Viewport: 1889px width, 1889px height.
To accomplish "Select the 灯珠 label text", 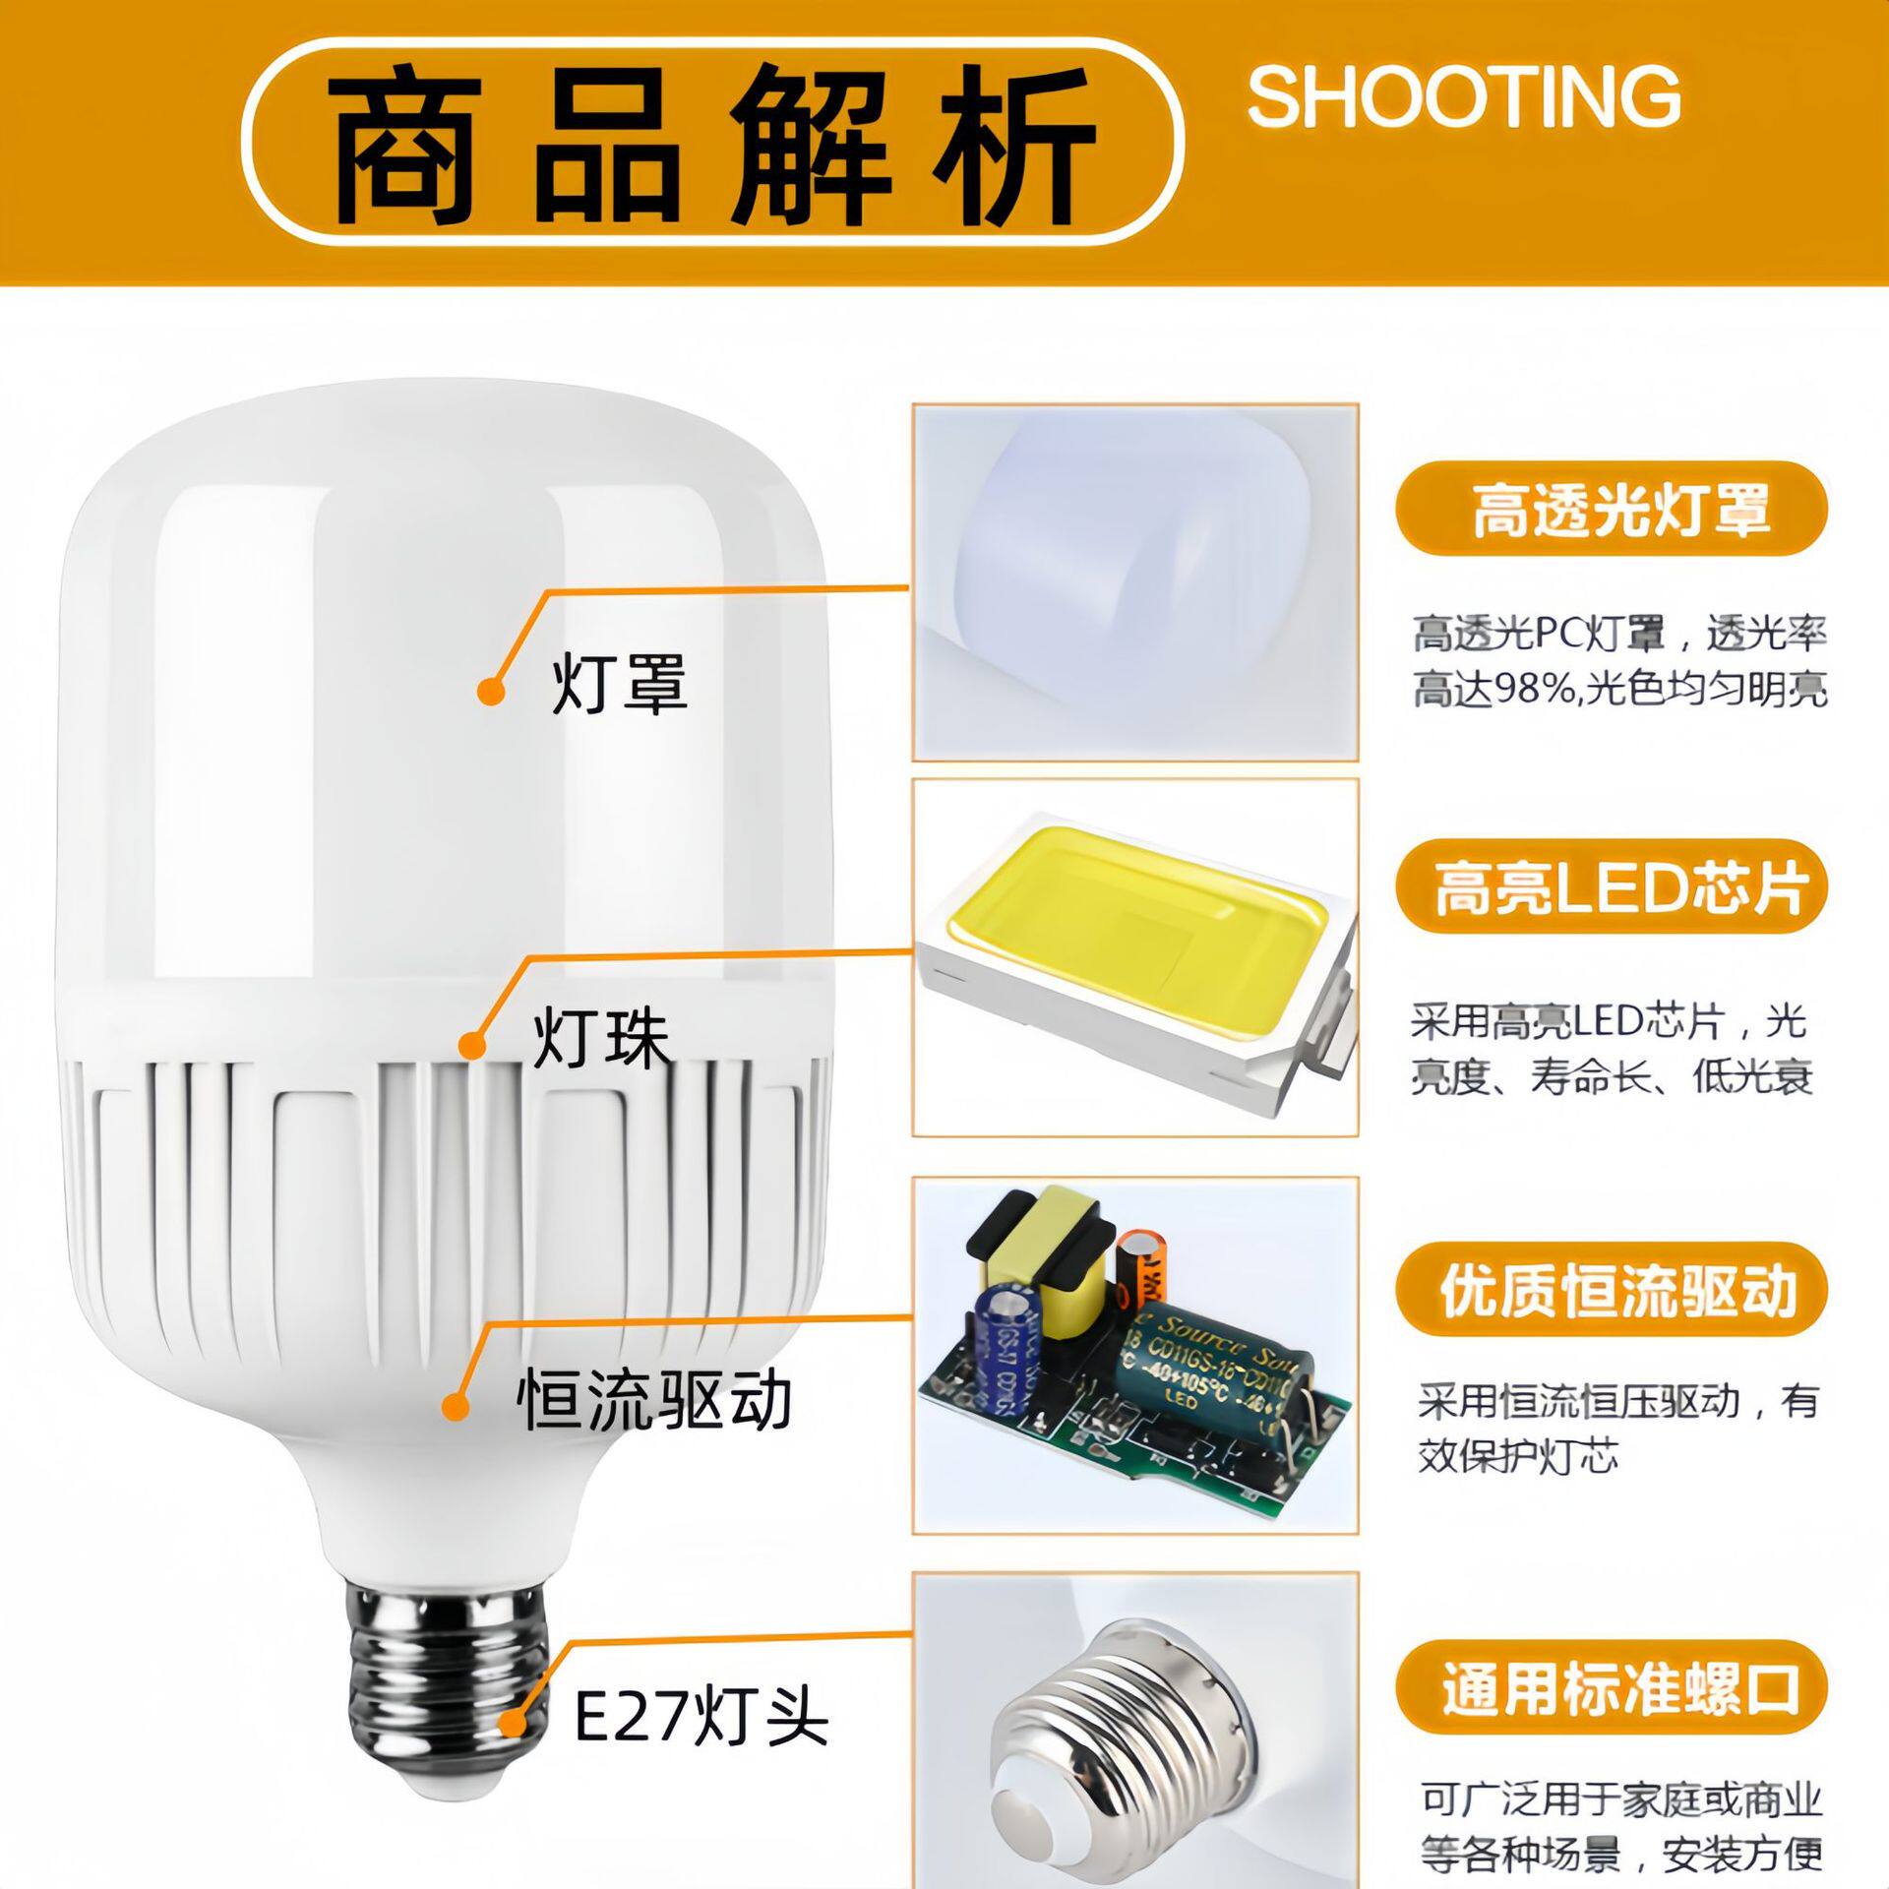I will tap(601, 1039).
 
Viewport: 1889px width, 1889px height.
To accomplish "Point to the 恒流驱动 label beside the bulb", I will tap(654, 1401).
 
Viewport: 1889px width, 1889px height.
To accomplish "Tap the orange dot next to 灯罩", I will tap(491, 691).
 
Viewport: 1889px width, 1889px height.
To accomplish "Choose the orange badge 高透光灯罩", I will tap(1612, 510).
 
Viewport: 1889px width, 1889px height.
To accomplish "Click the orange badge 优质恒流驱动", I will tap(1612, 1291).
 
